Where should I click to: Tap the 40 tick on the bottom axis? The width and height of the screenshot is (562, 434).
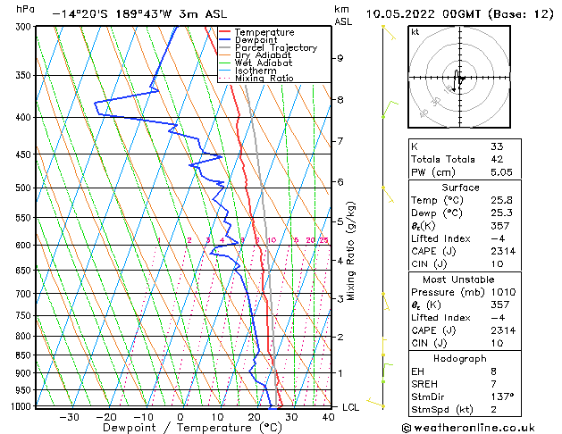point(328,417)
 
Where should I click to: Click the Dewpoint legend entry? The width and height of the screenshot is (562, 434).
point(255,40)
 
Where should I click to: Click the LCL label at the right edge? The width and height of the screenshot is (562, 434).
point(351,407)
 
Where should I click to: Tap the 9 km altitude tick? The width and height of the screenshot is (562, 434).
point(340,58)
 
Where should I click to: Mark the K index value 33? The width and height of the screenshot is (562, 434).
point(497,146)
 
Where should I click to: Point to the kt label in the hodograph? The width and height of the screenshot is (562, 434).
point(415,31)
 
